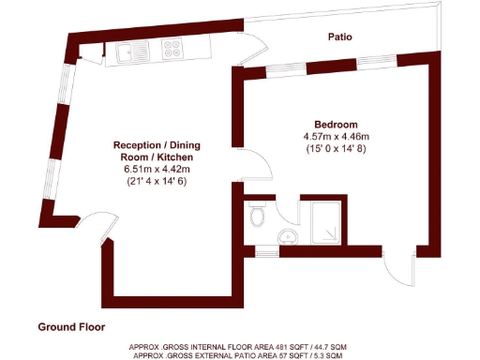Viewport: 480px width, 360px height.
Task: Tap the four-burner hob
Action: [173, 47]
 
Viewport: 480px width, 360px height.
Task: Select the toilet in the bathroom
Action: [260, 219]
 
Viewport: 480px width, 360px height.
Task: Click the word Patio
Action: [339, 37]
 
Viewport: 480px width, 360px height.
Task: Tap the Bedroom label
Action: [335, 125]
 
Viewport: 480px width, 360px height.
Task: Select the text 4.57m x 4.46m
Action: [335, 137]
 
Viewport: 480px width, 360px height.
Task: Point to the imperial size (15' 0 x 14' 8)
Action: [335, 149]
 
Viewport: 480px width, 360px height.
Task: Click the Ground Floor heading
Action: [71, 327]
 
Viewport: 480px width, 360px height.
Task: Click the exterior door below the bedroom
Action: [398, 267]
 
